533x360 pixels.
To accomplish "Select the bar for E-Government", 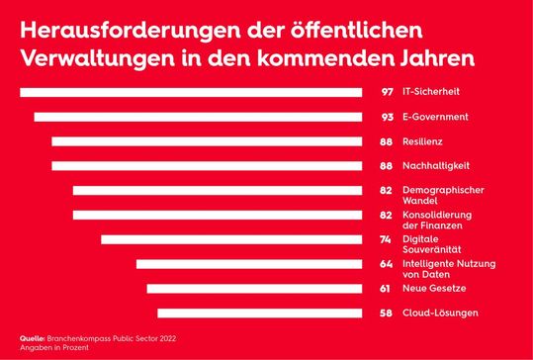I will tap(198, 117).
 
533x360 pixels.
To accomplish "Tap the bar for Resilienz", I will tap(207, 141).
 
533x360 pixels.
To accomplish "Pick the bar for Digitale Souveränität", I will tap(231, 239).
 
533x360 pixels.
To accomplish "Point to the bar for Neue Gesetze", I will tap(254, 289).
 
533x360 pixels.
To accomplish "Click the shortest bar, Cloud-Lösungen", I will tap(259, 313).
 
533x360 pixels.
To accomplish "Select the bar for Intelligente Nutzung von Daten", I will tap(249, 264).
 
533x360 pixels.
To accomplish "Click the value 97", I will tap(388, 93).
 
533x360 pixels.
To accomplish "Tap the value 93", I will tap(388, 117).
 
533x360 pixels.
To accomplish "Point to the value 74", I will tap(388, 239).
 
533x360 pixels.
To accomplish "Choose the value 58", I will tap(388, 313).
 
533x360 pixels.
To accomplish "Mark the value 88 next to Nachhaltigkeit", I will tap(388, 166).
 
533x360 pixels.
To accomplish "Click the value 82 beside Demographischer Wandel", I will tap(388, 190).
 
